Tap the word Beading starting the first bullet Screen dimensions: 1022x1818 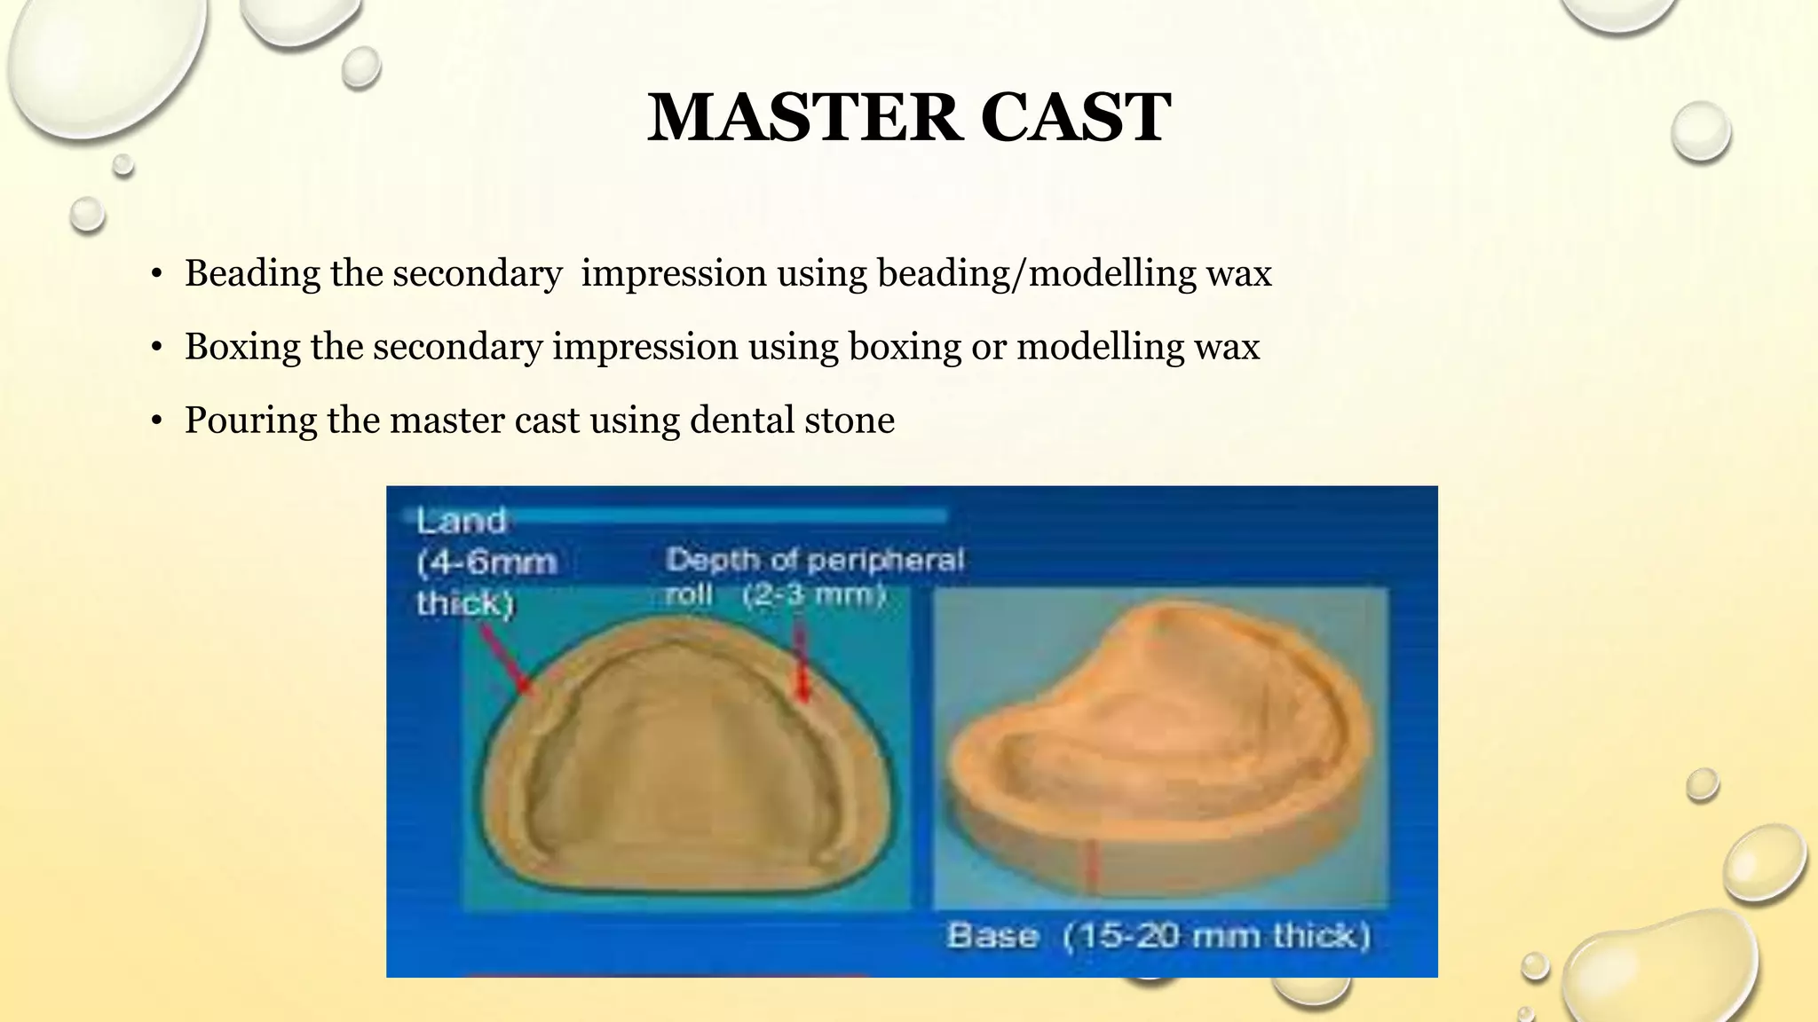point(252,273)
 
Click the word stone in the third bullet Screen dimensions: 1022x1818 point(850,421)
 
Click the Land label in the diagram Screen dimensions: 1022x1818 point(461,521)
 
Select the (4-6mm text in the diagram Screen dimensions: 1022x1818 point(486,562)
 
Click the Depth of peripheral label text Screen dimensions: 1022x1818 point(814,560)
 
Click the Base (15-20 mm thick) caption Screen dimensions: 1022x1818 point(1158,936)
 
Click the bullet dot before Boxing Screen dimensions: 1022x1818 point(156,348)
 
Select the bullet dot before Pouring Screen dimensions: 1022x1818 point(156,421)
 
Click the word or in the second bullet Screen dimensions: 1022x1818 point(988,347)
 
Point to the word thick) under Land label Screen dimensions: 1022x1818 point(465,603)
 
